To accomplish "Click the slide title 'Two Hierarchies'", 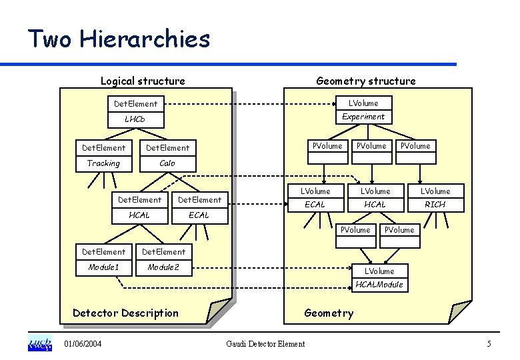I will coord(119,39).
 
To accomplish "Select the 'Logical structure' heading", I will coord(143,81).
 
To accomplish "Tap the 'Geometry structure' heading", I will coord(365,81).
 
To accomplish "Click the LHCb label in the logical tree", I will coord(135,119).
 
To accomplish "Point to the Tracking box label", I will coord(103,163).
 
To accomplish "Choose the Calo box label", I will coord(167,163).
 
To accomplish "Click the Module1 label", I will coord(103,267).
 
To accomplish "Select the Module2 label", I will coord(163,267).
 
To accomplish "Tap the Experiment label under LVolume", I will coord(363,116).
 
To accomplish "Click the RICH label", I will coord(435,205).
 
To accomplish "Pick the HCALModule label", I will coord(379,285).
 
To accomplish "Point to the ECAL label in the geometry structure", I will coord(315,205).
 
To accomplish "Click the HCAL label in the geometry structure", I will coord(375,205).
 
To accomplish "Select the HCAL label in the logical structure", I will coord(139,215).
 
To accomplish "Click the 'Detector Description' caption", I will coord(125,313).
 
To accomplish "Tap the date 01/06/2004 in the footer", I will coord(83,344).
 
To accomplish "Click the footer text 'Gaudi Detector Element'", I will coord(265,344).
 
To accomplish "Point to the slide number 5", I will coord(489,344).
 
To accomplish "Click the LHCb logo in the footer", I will coord(39,344).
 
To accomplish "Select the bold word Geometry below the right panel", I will coord(329,313).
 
